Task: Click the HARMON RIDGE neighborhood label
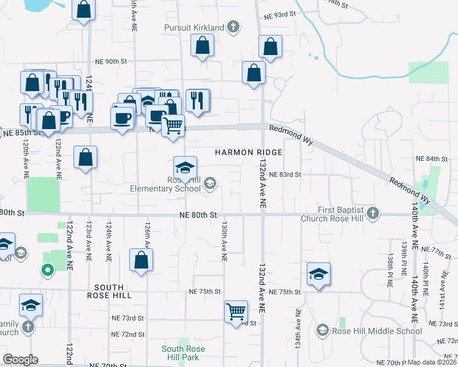(x=248, y=152)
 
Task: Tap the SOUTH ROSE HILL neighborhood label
(x=110, y=291)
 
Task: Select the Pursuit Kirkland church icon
(x=233, y=27)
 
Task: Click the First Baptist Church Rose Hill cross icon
(x=372, y=213)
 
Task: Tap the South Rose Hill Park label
(x=182, y=353)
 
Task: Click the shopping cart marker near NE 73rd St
(x=236, y=311)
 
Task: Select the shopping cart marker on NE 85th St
(x=173, y=125)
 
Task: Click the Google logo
(x=21, y=360)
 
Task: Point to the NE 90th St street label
(x=111, y=62)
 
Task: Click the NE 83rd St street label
(x=285, y=174)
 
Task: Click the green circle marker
(x=47, y=269)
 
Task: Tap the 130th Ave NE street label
(x=225, y=242)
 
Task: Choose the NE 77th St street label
(x=437, y=251)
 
